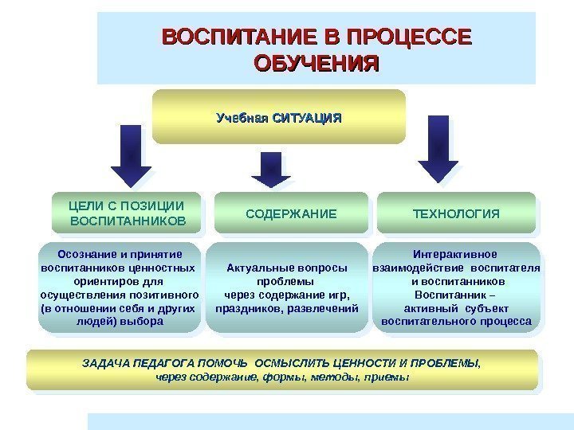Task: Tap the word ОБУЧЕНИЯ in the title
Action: coord(316,62)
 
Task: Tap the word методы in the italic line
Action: coord(316,377)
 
